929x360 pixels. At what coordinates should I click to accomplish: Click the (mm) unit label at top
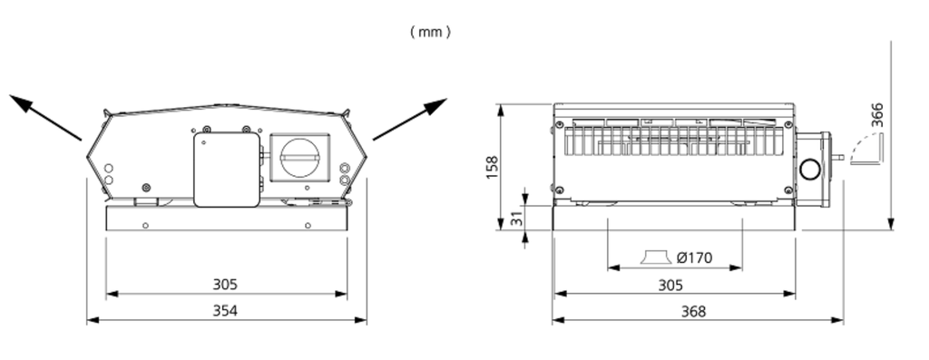click(x=430, y=33)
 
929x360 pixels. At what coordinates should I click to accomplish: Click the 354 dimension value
click(x=225, y=310)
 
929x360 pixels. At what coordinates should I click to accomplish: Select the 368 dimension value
click(x=694, y=311)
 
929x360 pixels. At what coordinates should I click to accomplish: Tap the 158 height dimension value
click(x=492, y=168)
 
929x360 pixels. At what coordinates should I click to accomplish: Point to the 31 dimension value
click(x=516, y=218)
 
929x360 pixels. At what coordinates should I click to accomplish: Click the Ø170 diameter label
click(x=694, y=258)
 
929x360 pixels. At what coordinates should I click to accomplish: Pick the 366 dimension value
click(x=877, y=115)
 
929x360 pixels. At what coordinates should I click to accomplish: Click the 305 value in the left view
click(x=225, y=284)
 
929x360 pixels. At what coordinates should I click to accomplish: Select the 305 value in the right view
click(x=670, y=285)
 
